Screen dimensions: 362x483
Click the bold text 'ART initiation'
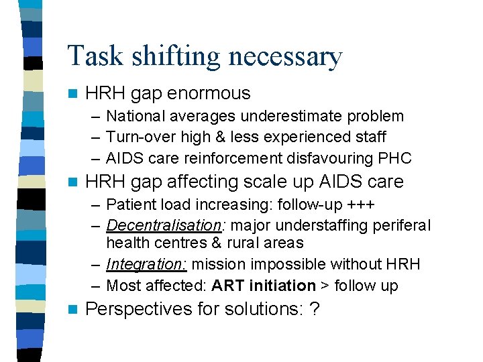pyautogui.click(x=264, y=286)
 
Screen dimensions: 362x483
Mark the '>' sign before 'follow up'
pyautogui.click(x=325, y=286)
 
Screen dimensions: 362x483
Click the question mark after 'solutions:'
pyautogui.click(x=314, y=309)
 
